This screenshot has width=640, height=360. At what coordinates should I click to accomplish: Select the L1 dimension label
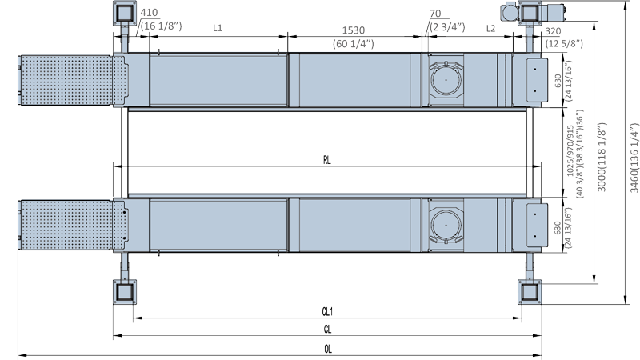[218, 28]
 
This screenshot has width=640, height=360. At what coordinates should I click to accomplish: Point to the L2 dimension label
[491, 28]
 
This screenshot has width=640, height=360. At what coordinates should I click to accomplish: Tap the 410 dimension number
[150, 14]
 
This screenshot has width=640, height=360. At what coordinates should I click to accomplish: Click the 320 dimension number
[553, 32]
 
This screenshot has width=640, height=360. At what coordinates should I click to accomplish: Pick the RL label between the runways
[327, 159]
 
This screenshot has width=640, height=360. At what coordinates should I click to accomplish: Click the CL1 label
[327, 311]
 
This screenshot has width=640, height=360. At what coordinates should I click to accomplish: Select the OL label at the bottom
[327, 349]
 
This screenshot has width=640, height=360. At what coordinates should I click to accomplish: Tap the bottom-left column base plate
[124, 291]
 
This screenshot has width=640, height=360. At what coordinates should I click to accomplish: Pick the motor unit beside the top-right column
[509, 13]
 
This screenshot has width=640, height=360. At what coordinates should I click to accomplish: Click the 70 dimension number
[435, 14]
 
